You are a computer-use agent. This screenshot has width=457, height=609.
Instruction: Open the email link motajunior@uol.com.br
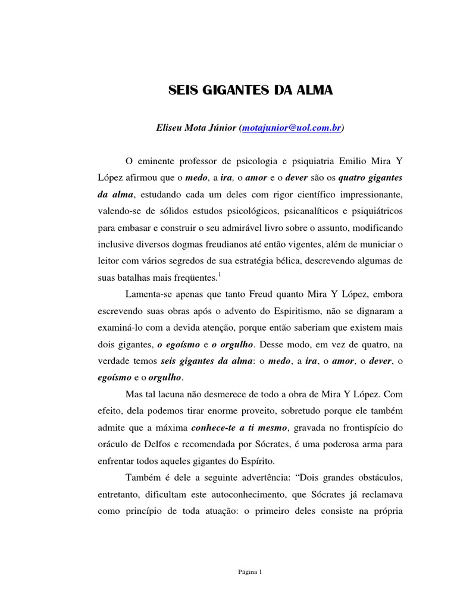[292, 128]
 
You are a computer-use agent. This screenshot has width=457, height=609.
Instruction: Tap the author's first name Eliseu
[170, 128]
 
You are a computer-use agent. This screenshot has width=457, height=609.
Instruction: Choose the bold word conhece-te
[213, 427]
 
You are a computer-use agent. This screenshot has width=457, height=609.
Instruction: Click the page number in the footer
[251, 572]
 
